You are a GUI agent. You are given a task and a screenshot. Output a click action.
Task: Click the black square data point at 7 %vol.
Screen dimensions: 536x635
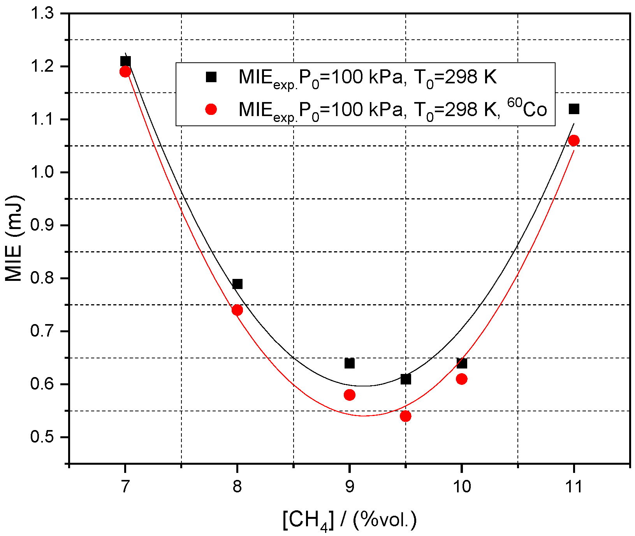[x=125, y=61]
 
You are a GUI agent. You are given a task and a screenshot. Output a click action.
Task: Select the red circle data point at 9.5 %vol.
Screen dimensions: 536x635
[x=405, y=416]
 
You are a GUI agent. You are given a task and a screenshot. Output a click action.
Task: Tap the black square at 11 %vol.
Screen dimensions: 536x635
[x=574, y=109]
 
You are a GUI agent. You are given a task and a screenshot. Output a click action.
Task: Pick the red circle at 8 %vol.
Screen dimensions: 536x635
[x=237, y=310]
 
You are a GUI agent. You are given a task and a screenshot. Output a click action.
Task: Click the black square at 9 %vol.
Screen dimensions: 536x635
[x=350, y=363]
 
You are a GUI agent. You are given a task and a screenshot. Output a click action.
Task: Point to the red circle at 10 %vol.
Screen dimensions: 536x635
[x=462, y=379]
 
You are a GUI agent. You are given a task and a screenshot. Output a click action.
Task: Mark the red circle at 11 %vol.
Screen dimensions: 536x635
[x=574, y=141]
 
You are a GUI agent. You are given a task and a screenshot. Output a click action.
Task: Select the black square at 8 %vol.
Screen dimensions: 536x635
[x=237, y=284]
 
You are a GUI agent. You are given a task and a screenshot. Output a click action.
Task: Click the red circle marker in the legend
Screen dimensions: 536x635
[x=211, y=109]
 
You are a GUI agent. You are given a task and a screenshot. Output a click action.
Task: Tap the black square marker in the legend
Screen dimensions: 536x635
[x=211, y=77]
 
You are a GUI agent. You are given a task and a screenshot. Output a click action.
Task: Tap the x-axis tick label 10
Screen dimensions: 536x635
[x=461, y=487]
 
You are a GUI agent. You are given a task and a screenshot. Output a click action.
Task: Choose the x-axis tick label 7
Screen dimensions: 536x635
[x=125, y=487]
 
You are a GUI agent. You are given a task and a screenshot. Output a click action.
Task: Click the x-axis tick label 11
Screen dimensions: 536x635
[x=573, y=487]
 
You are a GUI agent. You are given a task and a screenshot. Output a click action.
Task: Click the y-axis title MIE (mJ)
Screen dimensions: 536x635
[x=14, y=238]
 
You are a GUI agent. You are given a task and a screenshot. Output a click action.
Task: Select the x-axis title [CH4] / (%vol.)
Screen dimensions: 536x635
[x=349, y=520]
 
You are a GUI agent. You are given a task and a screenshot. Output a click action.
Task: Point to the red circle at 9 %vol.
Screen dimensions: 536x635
[x=350, y=395]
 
